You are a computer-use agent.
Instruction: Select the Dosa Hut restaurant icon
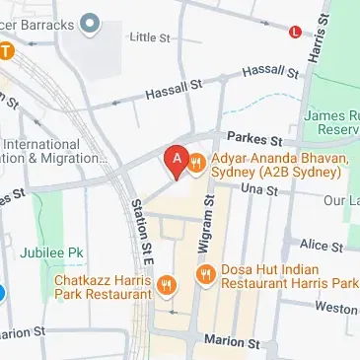pyautogui.click(x=206, y=274)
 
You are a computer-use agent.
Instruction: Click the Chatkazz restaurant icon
pyautogui.click(x=166, y=286)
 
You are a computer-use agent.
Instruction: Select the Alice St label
pyautogui.click(x=321, y=244)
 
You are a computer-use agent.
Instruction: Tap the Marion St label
pyautogui.click(x=231, y=341)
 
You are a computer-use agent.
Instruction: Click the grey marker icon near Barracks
pyautogui.click(x=91, y=21)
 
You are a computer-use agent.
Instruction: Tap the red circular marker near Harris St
pyautogui.click(x=295, y=32)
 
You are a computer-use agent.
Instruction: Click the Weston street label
pyautogui.click(x=337, y=309)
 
